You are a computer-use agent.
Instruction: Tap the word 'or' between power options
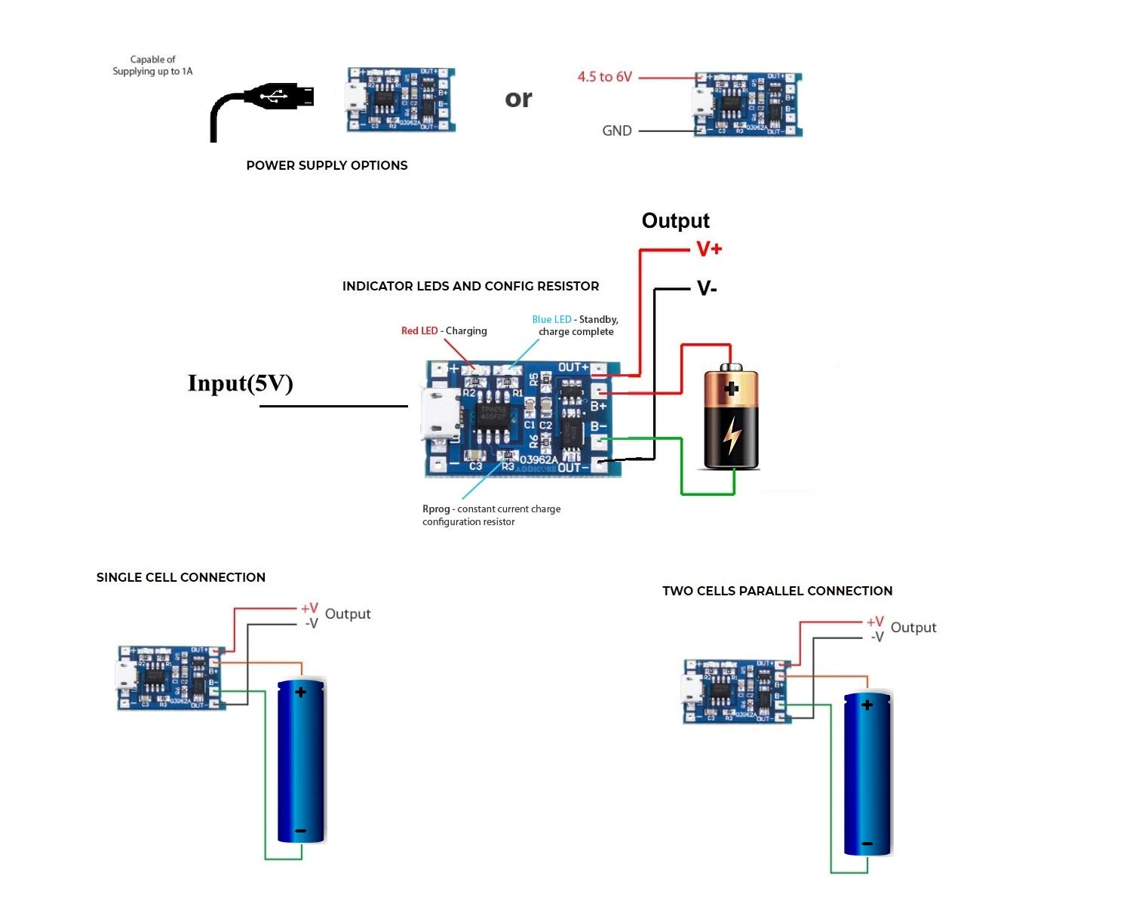click(x=518, y=99)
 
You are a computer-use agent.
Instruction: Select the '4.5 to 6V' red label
click(x=604, y=77)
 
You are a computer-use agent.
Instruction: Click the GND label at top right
click(x=616, y=131)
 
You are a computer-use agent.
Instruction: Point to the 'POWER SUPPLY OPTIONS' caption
click(x=327, y=165)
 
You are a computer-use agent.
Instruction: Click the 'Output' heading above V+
click(x=675, y=220)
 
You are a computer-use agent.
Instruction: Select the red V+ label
click(x=708, y=249)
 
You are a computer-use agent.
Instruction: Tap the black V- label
click(x=707, y=288)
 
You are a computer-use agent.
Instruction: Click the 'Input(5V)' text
click(x=240, y=383)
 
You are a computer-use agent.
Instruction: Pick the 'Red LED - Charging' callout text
click(x=444, y=330)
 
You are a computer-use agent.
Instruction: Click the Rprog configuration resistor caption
click(x=491, y=515)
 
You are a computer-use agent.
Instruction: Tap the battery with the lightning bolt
click(x=731, y=418)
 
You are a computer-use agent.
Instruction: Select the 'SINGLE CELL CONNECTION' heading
click(x=181, y=577)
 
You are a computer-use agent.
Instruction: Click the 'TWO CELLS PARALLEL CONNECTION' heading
click(x=777, y=591)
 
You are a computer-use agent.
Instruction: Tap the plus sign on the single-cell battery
click(x=300, y=692)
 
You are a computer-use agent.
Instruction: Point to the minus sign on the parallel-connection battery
click(x=867, y=844)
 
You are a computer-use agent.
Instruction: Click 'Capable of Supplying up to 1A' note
click(x=152, y=66)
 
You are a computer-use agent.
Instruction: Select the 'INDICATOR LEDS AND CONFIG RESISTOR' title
click(x=471, y=286)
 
